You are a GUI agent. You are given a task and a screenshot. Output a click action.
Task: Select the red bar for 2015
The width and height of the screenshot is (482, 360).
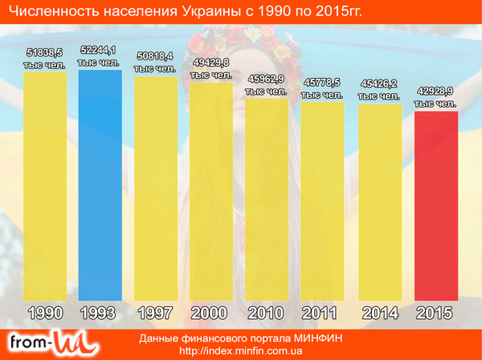(x=435, y=205)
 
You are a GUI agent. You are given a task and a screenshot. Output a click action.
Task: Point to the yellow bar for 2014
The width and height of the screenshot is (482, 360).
(x=380, y=201)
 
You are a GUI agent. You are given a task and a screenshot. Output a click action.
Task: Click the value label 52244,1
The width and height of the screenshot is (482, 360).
(x=100, y=51)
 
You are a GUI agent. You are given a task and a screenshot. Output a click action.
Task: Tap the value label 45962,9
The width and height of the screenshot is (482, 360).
(x=268, y=79)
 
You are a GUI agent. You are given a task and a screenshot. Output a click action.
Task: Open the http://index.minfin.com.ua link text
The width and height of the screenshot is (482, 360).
(x=241, y=351)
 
